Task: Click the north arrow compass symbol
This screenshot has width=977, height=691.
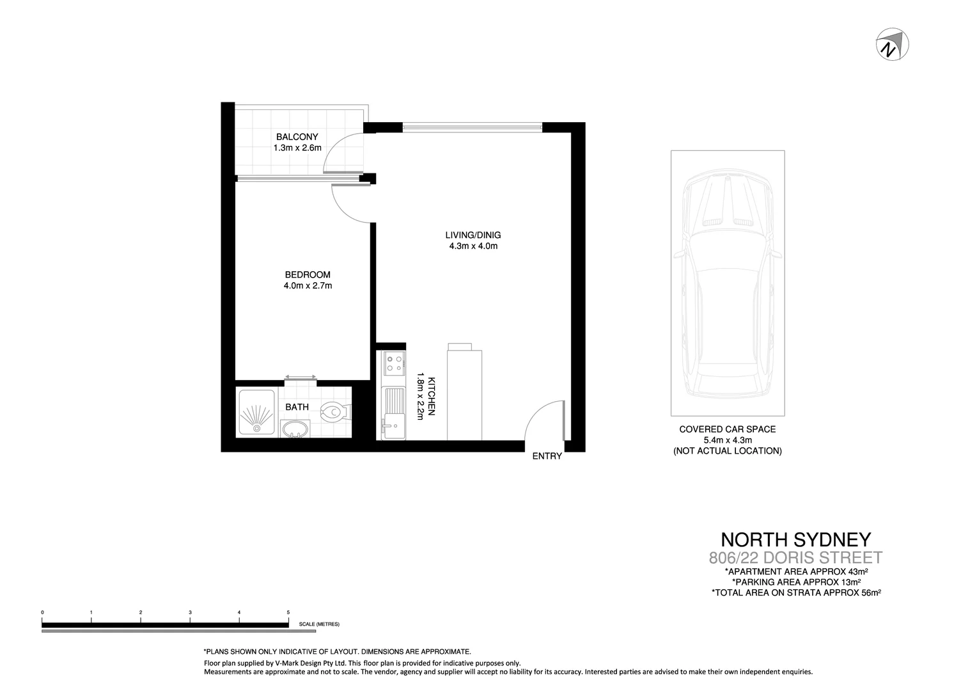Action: click(x=892, y=44)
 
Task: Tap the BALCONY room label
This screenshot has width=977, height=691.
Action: click(x=297, y=137)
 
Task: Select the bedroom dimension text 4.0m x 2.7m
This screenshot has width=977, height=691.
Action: click(x=308, y=286)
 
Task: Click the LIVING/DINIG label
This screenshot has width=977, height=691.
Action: click(x=473, y=235)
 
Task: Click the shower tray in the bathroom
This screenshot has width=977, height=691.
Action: click(x=256, y=413)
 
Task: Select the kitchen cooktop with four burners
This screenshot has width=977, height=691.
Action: click(x=393, y=364)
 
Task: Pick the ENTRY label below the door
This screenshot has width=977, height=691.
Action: click(x=547, y=456)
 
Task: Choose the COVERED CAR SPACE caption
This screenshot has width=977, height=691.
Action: click(x=727, y=429)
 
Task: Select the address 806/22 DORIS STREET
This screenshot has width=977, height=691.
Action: click(x=795, y=557)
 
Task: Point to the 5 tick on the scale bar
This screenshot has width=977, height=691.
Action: click(x=288, y=613)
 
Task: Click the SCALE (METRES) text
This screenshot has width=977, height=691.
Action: click(x=319, y=624)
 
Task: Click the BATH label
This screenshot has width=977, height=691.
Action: click(x=297, y=407)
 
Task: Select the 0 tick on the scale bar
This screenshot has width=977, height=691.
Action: click(x=42, y=613)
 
